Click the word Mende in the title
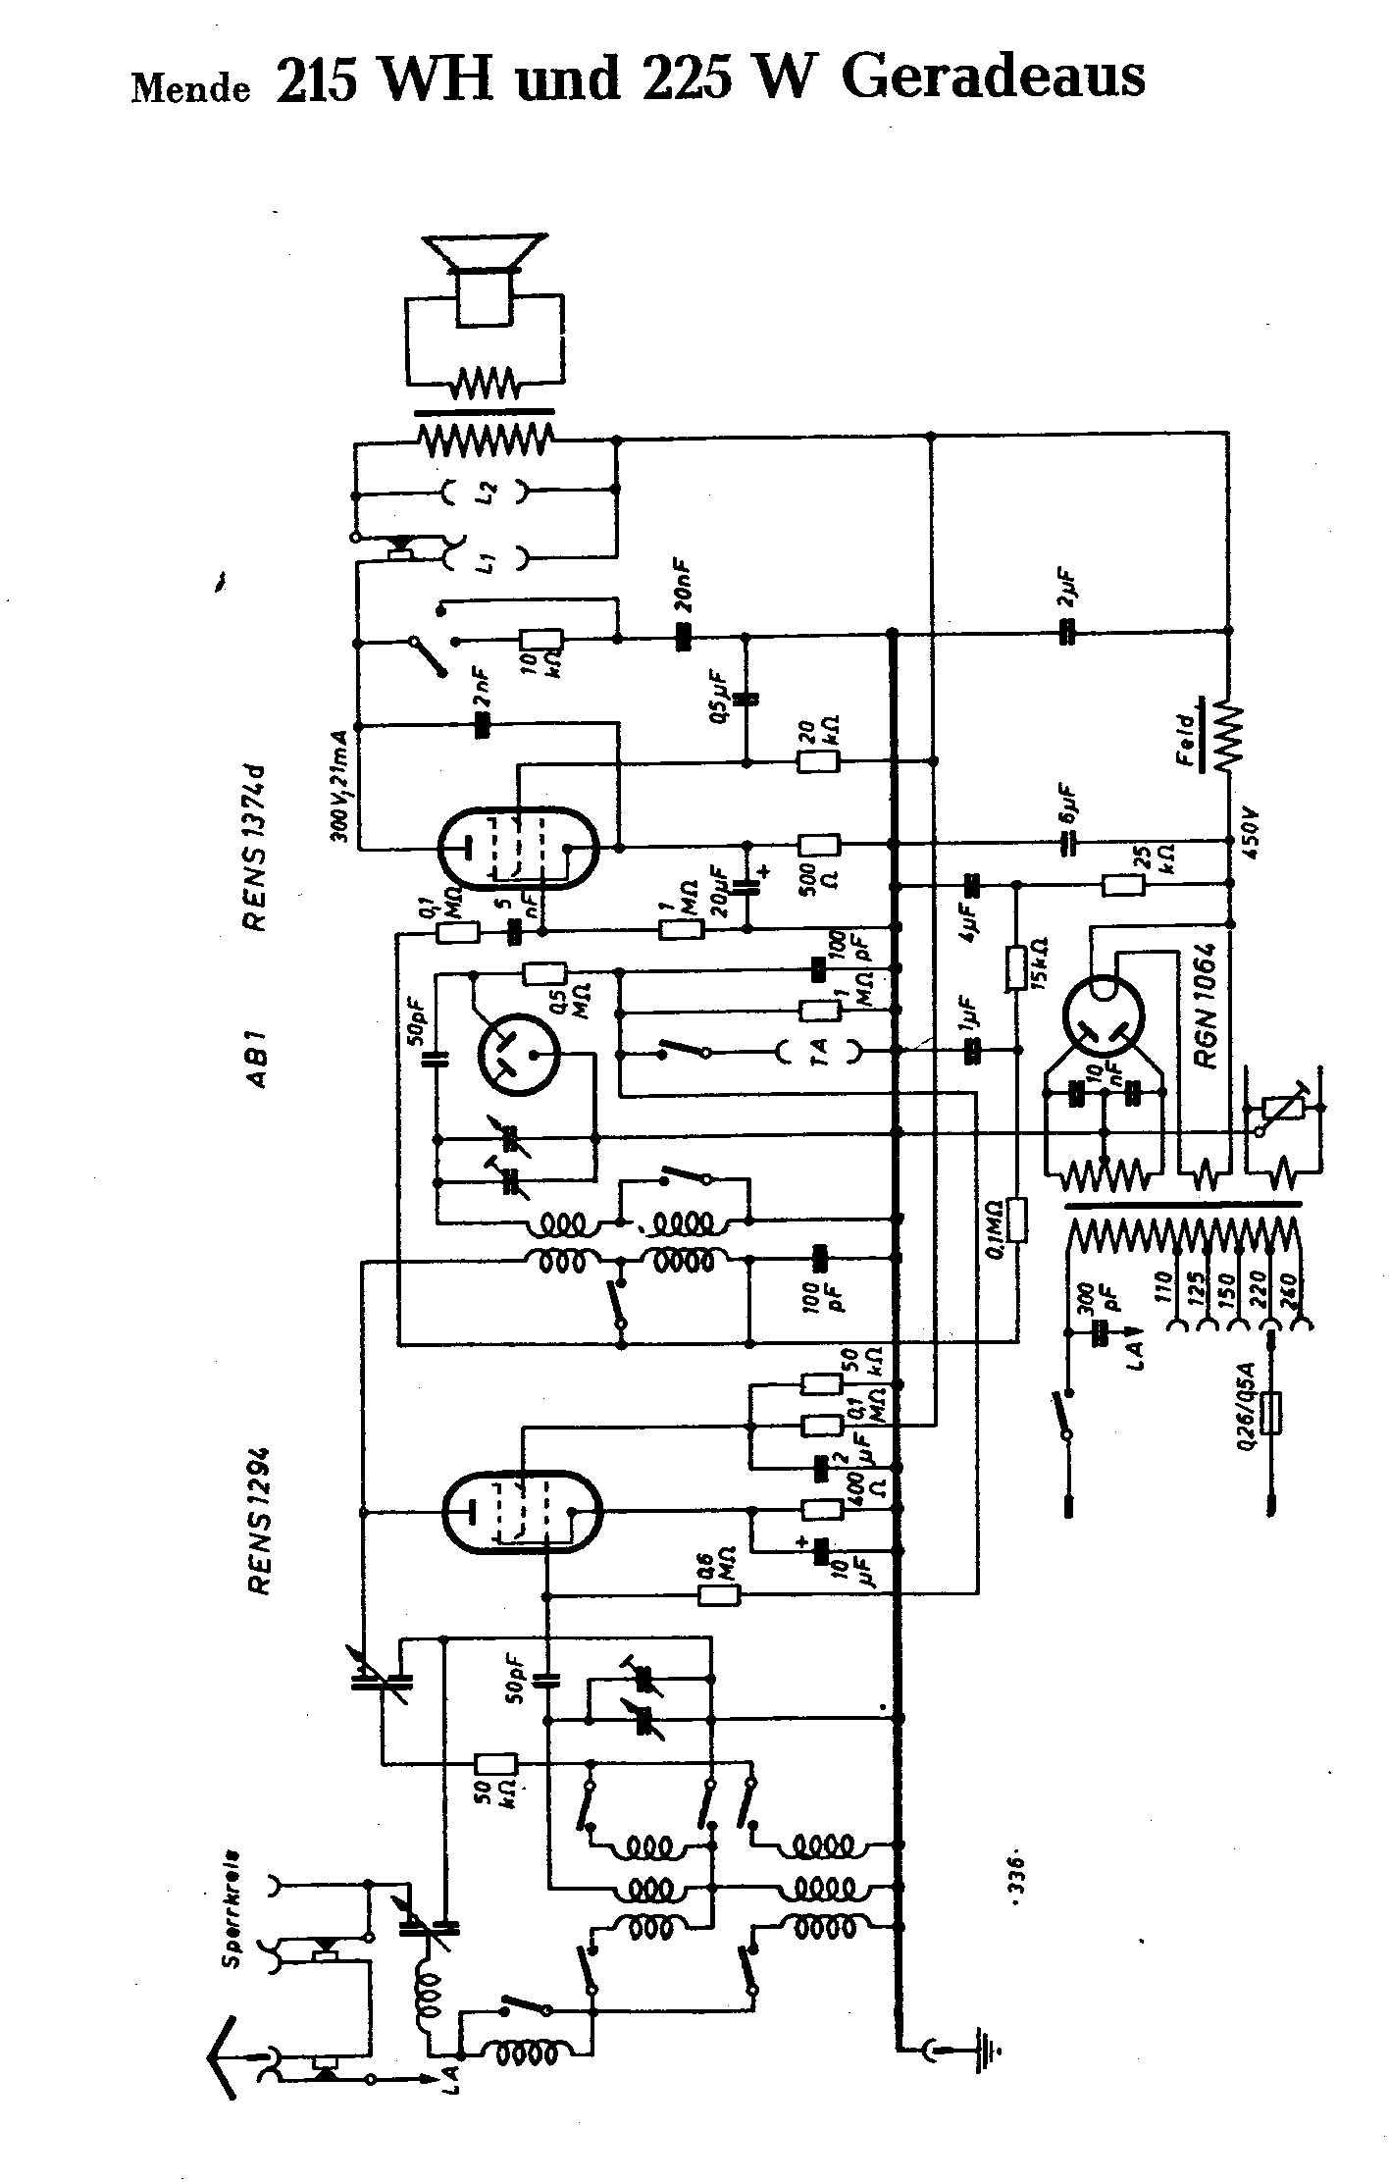click(190, 88)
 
